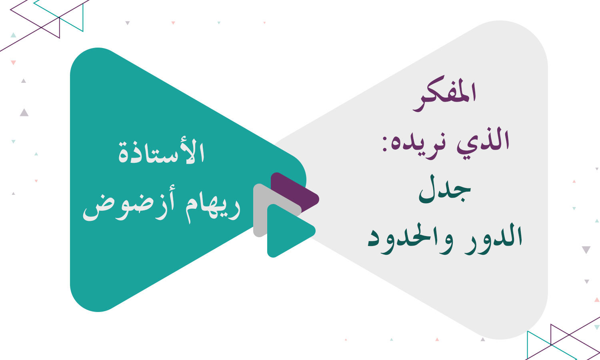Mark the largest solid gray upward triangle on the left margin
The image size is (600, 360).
point(24,113)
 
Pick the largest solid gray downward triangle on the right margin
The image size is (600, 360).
point(586,250)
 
